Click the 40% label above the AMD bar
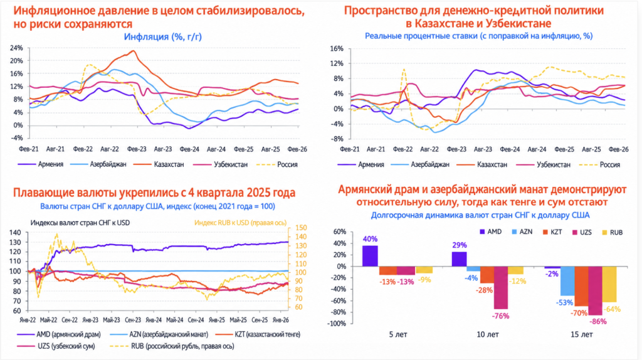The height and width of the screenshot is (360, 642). (370, 239)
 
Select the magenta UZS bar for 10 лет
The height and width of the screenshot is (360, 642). (501, 287)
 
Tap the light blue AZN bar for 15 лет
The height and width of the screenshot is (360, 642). (567, 281)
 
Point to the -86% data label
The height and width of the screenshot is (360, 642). (598, 322)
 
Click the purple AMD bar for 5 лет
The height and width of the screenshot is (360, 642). (370, 256)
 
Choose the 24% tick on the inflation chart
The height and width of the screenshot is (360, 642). (16, 48)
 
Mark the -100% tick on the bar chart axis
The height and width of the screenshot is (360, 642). (337, 324)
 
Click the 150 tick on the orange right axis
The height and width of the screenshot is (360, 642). (300, 228)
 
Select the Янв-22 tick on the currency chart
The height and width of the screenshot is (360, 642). (28, 320)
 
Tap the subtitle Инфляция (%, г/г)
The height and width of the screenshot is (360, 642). (163, 37)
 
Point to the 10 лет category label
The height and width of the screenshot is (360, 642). (488, 335)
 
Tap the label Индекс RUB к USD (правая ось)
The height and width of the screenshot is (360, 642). (240, 223)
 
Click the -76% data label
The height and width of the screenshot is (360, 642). (501, 316)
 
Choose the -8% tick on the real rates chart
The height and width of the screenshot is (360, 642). (338, 139)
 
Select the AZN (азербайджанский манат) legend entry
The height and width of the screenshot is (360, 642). (159, 335)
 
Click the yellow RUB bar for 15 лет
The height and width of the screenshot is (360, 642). (609, 284)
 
